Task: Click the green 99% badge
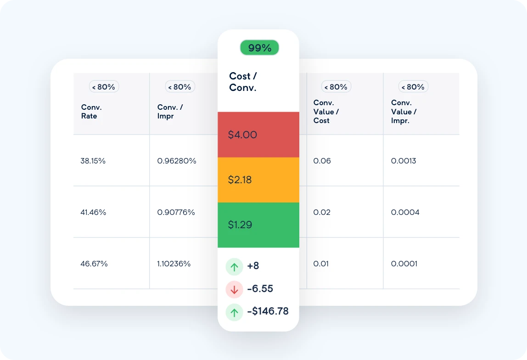click(x=259, y=48)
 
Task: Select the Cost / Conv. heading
click(x=243, y=82)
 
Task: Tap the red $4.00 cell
click(x=258, y=135)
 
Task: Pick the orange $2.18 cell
click(x=258, y=180)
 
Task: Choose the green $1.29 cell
click(x=258, y=225)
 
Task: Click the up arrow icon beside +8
click(x=234, y=266)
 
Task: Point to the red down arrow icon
click(x=234, y=289)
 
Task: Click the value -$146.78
click(x=268, y=311)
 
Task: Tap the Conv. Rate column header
click(x=91, y=112)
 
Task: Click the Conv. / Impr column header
click(x=170, y=112)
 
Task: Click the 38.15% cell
click(x=93, y=161)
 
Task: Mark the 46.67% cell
click(x=94, y=264)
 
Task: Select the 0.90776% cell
click(x=176, y=213)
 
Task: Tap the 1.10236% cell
click(x=174, y=264)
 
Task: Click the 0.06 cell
click(x=322, y=161)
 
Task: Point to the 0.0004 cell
click(x=405, y=213)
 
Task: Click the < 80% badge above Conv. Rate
click(x=104, y=87)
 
